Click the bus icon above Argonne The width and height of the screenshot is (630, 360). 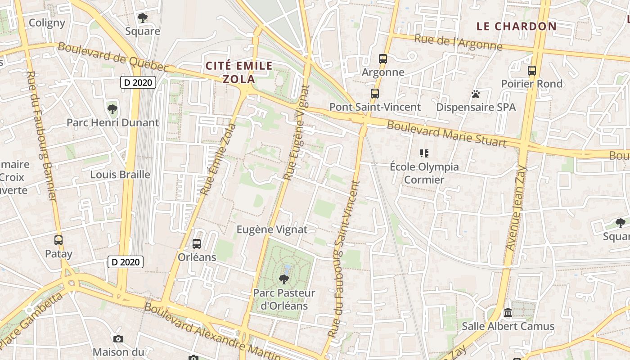(383, 58)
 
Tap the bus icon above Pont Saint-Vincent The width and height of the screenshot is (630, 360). (375, 94)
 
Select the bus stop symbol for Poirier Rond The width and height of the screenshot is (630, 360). (532, 70)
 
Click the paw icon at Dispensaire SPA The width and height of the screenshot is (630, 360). (476, 94)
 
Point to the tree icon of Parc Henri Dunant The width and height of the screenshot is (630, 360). (112, 109)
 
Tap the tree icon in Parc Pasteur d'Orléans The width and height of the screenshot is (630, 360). (284, 279)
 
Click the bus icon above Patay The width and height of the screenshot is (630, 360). (58, 240)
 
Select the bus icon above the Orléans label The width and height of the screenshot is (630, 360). (197, 244)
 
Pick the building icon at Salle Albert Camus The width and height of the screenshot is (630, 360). (508, 312)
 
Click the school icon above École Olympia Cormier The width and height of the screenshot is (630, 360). (424, 153)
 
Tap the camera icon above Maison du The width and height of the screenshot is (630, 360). (118, 339)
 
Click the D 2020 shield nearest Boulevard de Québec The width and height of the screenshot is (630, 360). (138, 82)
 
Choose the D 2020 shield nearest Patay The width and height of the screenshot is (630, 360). (126, 261)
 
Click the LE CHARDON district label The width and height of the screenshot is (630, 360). (517, 26)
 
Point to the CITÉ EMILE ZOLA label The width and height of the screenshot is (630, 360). (239, 72)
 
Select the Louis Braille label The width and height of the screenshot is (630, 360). (120, 175)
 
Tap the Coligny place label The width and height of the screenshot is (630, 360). (47, 23)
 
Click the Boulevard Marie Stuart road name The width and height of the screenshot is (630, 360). (446, 134)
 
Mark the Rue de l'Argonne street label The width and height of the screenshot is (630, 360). (458, 42)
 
